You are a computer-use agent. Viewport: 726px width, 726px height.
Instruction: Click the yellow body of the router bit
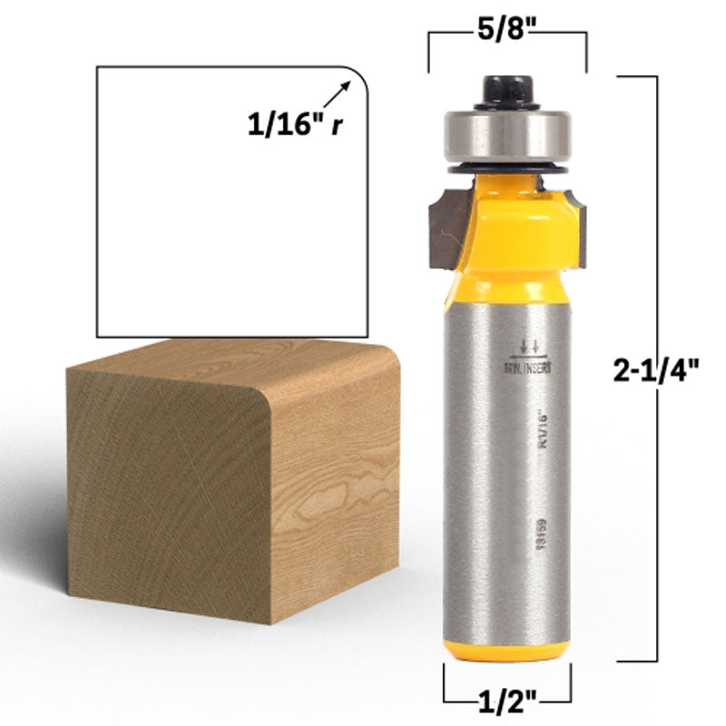pos(507,227)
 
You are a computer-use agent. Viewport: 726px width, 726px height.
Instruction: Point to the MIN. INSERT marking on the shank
pos(527,368)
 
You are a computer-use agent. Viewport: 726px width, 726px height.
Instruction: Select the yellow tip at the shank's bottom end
pos(507,650)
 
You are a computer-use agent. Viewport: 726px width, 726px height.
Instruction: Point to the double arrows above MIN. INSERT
pos(527,345)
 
